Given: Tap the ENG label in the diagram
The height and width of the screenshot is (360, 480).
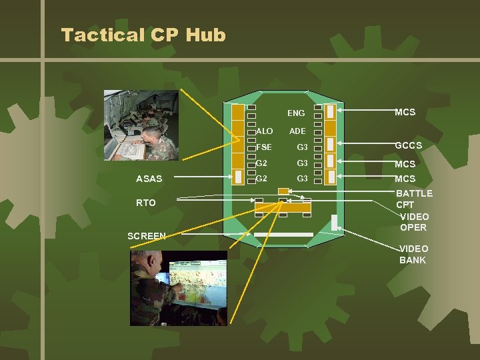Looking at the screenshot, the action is tap(296, 113).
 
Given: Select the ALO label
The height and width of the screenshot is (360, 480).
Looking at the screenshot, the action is tap(265, 131).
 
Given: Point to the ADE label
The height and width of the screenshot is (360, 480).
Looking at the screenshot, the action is tap(297, 131).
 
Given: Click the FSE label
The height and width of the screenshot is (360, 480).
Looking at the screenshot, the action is tap(264, 147).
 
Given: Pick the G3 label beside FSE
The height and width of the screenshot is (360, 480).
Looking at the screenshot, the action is tap(302, 147).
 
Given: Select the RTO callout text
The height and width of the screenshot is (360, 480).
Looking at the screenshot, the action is tap(145, 203).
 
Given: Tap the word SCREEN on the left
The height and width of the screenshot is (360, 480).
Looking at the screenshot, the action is tap(146, 236).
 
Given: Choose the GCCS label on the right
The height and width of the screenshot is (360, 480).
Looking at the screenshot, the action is tap(408, 145).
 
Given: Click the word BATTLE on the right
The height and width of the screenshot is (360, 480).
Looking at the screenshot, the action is tap(414, 193).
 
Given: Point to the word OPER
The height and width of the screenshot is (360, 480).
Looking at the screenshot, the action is tap(413, 227).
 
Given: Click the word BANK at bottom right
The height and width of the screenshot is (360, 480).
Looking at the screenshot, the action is tap(413, 259).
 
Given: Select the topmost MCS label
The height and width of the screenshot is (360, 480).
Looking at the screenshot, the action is tap(405, 112).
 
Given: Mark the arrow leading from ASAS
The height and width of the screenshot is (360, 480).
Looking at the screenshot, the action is tap(200, 178).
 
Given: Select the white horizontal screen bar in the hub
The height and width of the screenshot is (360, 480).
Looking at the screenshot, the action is tap(283, 234).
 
